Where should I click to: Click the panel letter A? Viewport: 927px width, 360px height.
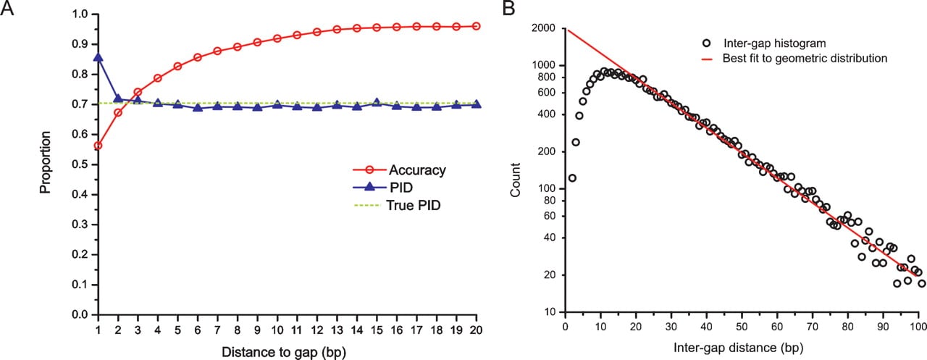7,7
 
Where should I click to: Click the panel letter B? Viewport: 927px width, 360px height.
508,7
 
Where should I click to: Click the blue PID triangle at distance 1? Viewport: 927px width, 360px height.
98,56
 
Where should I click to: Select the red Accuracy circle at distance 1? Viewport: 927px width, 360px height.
98,146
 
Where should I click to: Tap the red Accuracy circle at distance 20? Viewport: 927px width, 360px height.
477,26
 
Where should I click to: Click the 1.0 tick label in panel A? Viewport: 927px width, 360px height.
80,14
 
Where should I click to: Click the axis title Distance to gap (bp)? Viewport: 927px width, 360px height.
284,352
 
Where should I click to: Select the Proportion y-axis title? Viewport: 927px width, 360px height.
45,163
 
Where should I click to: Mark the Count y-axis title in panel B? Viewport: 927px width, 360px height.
515,180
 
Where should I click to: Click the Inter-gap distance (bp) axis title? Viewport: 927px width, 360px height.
739,348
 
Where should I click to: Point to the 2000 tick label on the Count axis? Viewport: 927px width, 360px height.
543,28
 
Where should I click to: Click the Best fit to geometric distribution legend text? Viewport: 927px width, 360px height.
805,59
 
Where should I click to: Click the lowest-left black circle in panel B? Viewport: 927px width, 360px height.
572,178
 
